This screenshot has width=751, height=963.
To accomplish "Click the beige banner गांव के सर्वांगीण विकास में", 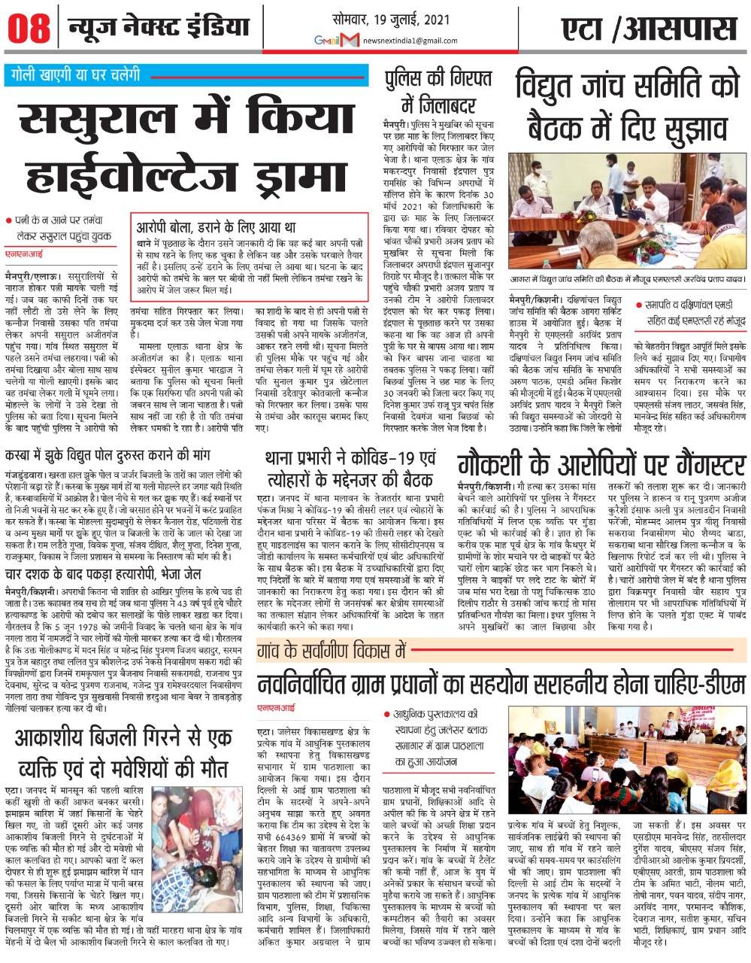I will point(332,649).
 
